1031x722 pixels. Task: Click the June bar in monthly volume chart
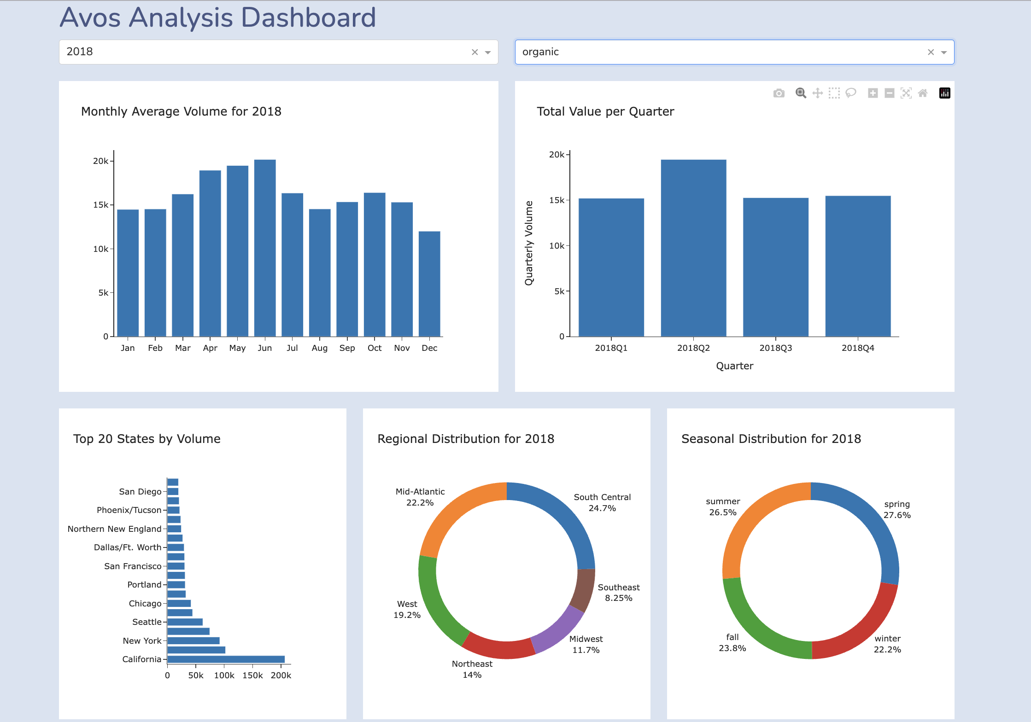coord(265,249)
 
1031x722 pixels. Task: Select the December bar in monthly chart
coord(429,284)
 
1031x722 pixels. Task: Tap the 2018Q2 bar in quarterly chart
coord(693,249)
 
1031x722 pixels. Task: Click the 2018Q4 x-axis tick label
coord(857,348)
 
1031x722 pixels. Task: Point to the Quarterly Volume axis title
coord(529,243)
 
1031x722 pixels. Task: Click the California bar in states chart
coord(226,659)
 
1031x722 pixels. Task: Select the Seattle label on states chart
coord(146,622)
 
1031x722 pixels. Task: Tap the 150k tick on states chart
coord(252,675)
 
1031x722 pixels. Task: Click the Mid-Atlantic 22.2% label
coord(420,497)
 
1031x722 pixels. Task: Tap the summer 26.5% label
coord(723,507)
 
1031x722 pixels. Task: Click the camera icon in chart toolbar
coord(779,93)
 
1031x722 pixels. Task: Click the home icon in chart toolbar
coord(923,93)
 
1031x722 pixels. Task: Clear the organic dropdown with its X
coord(931,52)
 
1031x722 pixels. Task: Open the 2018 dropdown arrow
coord(488,52)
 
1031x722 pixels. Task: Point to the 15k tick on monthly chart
coord(100,205)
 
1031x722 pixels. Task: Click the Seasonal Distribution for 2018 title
coord(771,439)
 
